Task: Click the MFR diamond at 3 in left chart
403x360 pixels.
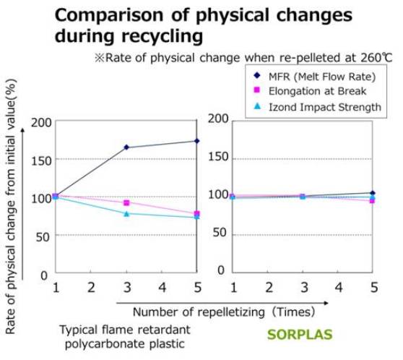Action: [126, 147]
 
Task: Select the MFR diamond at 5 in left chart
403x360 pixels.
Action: [197, 141]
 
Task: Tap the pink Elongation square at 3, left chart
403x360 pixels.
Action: [126, 203]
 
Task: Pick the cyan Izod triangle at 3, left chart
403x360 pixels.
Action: [126, 213]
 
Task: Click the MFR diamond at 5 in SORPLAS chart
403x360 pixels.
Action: [373, 193]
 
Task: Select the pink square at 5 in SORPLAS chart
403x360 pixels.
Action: [372, 200]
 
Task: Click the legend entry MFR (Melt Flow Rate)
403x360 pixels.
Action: [322, 77]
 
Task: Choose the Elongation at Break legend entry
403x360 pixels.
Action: [317, 91]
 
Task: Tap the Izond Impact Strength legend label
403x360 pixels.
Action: [325, 107]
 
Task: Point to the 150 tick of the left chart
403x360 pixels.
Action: [41, 160]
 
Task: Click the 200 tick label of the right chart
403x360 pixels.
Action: [218, 119]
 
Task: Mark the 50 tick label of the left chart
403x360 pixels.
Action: [43, 236]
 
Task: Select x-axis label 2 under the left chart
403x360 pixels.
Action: [91, 287]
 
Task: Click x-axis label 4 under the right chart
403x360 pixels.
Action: [339, 287]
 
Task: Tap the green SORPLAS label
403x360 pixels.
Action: [300, 335]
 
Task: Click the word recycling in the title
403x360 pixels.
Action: [162, 36]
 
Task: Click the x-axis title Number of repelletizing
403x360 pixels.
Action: [199, 312]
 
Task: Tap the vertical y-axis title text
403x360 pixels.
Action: [10, 206]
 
